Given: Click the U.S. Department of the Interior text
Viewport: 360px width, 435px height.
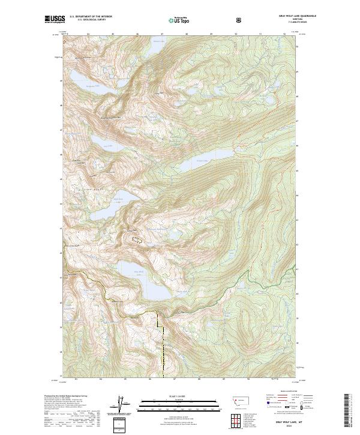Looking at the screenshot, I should click(x=90, y=16).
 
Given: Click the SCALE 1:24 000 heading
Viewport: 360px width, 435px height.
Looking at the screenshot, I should click(x=180, y=397).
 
